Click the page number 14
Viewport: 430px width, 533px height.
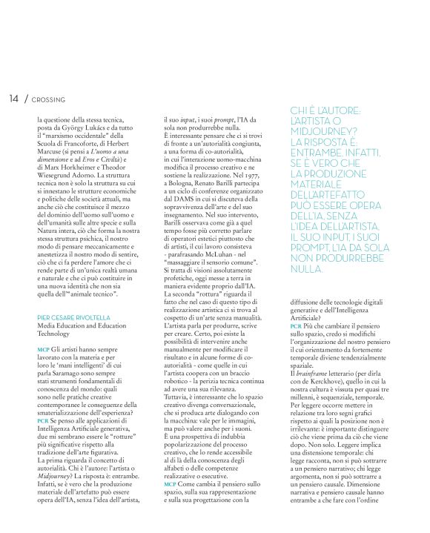click(x=14, y=99)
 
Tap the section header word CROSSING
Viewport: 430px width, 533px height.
click(x=49, y=99)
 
